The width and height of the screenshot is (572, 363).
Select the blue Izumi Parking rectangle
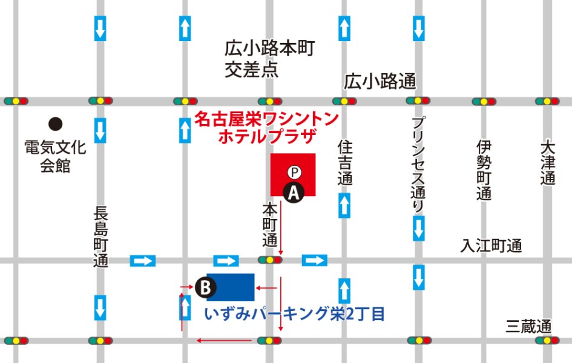pos(231,287)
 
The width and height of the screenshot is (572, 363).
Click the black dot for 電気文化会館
pos(56,124)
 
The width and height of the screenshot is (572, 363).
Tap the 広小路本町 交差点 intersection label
pos(270,59)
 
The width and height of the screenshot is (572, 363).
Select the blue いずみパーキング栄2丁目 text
pos(295,315)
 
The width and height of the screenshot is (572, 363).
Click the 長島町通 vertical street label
pos(100,237)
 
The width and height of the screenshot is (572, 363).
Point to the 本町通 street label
pos(269,224)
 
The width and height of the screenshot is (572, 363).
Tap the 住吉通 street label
pos(344,163)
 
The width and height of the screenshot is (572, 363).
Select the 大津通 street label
pos(548,163)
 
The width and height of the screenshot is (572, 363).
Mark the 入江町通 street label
pos(491,246)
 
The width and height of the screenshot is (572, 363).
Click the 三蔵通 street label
pos(528,327)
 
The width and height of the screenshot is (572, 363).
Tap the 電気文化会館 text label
pos(55,156)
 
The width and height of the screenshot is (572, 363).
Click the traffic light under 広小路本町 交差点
pos(270,101)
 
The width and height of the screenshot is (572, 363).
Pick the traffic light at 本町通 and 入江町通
pos(270,260)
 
